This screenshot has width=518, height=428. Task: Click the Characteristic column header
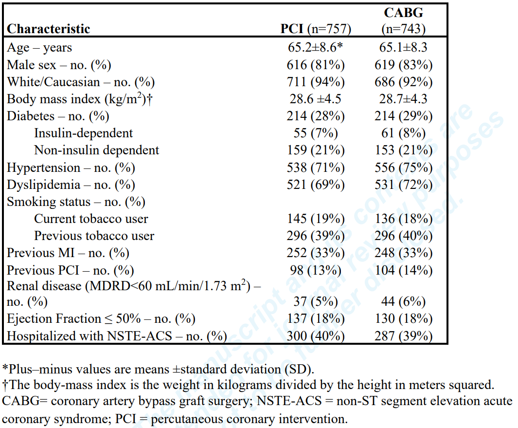pos(49,29)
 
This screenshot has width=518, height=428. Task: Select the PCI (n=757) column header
pos(316,29)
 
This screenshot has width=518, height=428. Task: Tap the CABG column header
pos(403,21)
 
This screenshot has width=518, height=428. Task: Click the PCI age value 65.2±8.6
pos(316,48)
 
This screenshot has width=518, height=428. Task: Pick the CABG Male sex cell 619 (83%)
pos(403,65)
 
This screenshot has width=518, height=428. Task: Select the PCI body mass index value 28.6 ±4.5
pos(316,99)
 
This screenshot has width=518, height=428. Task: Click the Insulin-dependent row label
pos(83,133)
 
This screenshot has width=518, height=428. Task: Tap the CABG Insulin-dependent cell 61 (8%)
pos(403,133)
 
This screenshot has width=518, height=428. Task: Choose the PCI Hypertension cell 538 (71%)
pos(316,167)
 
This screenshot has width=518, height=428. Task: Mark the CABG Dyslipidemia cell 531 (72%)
pos(403,185)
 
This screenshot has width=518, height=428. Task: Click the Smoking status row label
pos(76,202)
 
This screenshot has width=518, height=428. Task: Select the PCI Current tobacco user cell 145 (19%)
pos(316,219)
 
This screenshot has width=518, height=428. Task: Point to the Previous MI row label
pos(68,253)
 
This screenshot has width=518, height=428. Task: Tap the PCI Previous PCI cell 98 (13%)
pos(316,270)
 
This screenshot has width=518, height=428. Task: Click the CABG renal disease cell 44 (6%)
pos(403,301)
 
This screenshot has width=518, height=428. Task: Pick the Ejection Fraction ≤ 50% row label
pos(101,318)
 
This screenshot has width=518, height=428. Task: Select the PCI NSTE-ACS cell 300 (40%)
pos(316,336)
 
